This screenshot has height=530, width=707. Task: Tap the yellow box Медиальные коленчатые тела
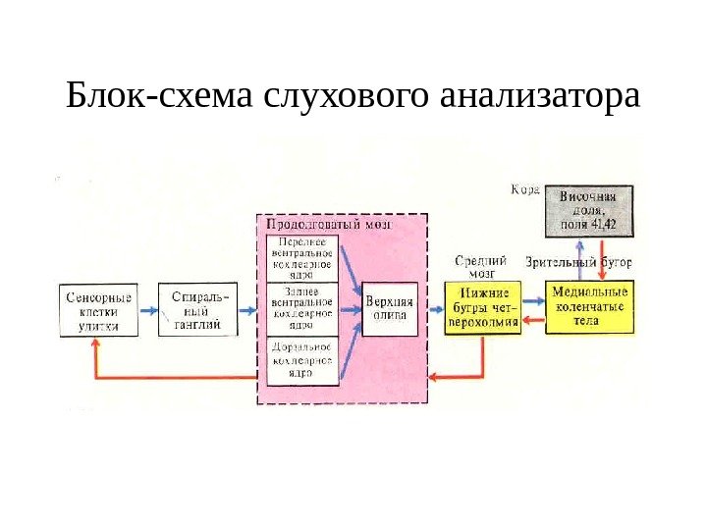tap(589, 306)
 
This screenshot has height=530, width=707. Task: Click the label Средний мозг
tap(481, 267)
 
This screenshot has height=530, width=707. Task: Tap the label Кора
tap(524, 189)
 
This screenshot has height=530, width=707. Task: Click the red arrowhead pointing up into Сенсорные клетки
tap(95, 345)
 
